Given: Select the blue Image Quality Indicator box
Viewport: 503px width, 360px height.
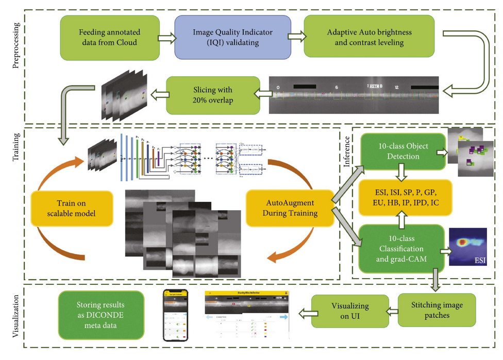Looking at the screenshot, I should tap(232, 37).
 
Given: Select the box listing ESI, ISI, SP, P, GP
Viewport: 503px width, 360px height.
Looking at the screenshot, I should tap(406, 198).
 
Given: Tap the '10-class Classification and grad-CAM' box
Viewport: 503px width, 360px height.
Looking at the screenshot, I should tap(401, 246).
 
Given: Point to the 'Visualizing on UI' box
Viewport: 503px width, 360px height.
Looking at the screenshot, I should tap(351, 311).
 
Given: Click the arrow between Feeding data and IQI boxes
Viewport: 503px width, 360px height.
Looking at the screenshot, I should tap(166, 37).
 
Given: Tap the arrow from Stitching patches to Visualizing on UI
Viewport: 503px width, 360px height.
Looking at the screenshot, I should tap(390, 311).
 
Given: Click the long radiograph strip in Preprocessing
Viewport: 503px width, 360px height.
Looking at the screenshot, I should tap(354, 95).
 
